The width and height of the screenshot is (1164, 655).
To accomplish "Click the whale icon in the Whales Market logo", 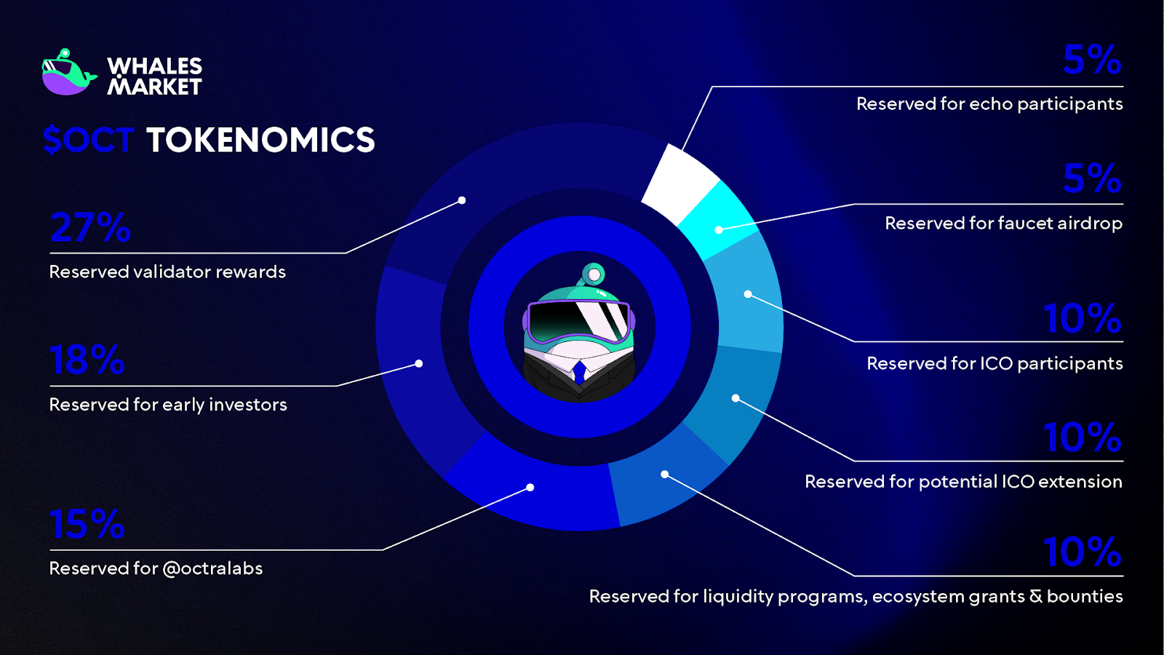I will [67, 74].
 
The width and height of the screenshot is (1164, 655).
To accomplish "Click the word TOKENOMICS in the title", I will [260, 140].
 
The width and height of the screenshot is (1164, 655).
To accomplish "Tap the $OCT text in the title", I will [88, 140].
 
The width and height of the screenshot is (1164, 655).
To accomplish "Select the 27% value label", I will [90, 228].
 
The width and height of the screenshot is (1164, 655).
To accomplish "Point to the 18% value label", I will [87, 360].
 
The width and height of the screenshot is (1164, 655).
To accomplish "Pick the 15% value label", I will [87, 525].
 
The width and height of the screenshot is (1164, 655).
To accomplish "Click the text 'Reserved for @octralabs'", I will [156, 568].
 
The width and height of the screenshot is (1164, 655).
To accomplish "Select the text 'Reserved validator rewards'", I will [167, 272].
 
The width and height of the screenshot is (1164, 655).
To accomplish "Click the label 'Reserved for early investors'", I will [168, 405].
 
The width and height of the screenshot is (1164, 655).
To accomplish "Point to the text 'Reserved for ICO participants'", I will [994, 363].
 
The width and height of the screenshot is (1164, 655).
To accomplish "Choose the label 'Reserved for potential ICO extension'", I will [963, 482].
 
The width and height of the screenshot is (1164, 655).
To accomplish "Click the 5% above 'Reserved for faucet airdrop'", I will [1091, 178].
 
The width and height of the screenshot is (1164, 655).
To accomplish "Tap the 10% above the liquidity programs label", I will [1083, 552].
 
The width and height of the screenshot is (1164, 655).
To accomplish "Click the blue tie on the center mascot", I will [579, 371].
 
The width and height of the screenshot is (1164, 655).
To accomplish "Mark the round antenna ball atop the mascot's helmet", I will [594, 274].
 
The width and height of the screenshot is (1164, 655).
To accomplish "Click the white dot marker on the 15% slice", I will [530, 488].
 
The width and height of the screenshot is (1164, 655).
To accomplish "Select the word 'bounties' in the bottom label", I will [1085, 597].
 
